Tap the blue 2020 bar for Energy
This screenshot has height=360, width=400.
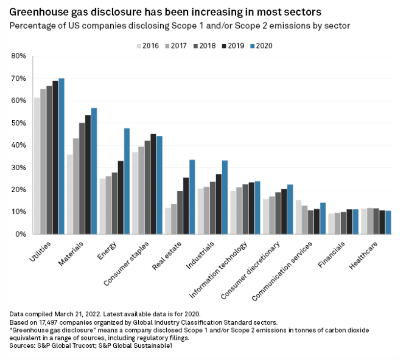pos(126,181)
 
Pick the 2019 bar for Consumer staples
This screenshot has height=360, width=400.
pos(153,184)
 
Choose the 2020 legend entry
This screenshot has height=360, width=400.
pos(260,46)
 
